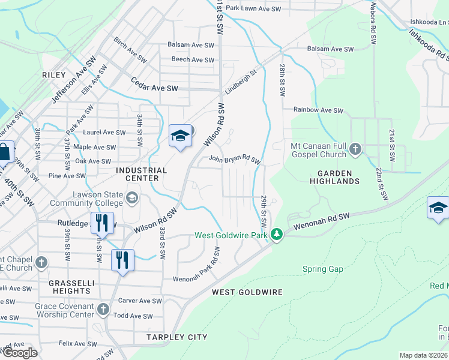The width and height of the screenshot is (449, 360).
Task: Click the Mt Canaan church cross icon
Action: pyautogui.click(x=355, y=149)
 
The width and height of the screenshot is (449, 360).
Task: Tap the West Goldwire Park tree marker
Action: pyautogui.click(x=276, y=234)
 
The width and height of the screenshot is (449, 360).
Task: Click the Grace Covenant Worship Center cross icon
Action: pyautogui.click(x=103, y=309)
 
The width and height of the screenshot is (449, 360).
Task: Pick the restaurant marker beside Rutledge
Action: pyautogui.click(x=101, y=223)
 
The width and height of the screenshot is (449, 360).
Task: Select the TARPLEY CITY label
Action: pyautogui.click(x=177, y=337)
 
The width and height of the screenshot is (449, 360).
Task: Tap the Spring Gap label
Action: pyautogui.click(x=322, y=269)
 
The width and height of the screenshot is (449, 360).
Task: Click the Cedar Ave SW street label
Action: pyautogui.click(x=155, y=88)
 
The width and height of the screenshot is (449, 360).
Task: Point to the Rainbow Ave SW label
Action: pyautogui.click(x=318, y=110)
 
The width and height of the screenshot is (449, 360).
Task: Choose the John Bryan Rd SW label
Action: pyautogui.click(x=234, y=160)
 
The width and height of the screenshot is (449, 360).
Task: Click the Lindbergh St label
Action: pyautogui.click(x=241, y=82)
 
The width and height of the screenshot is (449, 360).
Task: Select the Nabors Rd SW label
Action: pyautogui.click(x=373, y=24)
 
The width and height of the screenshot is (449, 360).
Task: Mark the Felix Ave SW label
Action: pyautogui.click(x=74, y=344)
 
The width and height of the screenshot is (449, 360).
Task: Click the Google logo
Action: pyautogui.click(x=20, y=353)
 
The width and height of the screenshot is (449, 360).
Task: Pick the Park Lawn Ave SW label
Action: pyautogui.click(x=253, y=8)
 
